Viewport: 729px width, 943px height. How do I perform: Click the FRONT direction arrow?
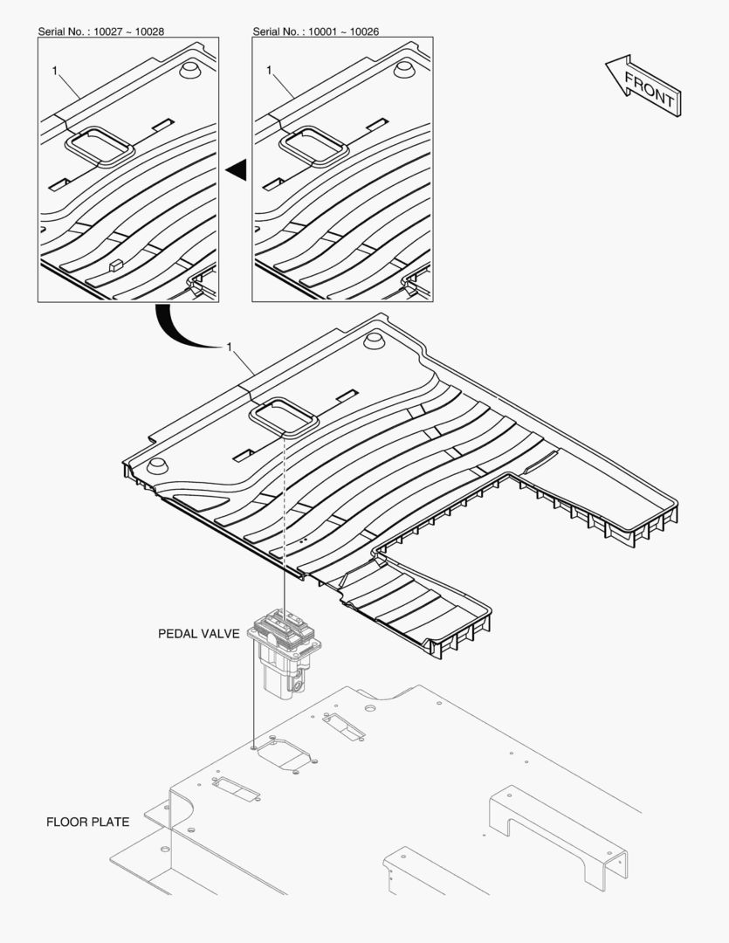[643, 86]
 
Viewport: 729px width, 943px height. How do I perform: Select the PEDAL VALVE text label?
[198, 634]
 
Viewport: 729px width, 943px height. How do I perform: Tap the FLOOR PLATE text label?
[88, 823]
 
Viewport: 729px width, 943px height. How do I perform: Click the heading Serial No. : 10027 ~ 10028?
[101, 31]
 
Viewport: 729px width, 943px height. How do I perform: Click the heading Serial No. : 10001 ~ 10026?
[316, 31]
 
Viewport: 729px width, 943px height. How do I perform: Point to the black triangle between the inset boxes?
[237, 169]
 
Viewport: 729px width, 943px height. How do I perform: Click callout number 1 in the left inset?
[55, 71]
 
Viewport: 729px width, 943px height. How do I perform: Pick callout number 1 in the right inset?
[269, 71]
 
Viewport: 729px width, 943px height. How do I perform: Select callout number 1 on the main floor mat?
[229, 347]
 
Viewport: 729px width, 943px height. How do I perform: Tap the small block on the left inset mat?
[116, 265]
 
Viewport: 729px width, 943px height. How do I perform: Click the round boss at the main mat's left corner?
[157, 466]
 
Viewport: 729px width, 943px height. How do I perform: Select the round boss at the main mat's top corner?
[374, 341]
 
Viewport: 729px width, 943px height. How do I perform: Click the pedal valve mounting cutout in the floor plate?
[287, 754]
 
